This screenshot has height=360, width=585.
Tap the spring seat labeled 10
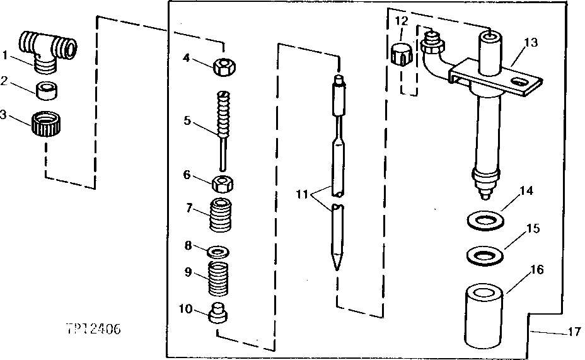[218, 313]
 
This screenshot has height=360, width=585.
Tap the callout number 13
[531, 42]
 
